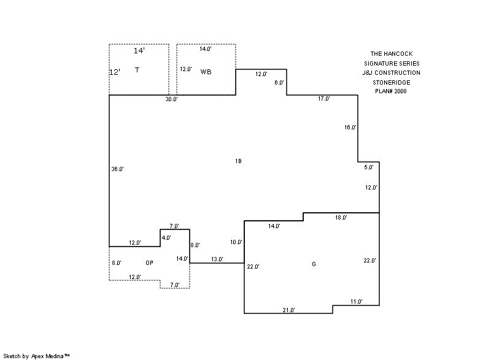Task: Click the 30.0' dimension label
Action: tap(171, 99)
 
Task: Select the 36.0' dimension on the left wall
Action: tap(117, 169)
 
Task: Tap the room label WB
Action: tap(206, 72)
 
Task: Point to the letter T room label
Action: tap(137, 71)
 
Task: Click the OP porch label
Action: tap(149, 263)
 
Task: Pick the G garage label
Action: tap(314, 264)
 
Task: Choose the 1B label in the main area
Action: tap(238, 161)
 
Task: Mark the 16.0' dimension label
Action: tap(350, 128)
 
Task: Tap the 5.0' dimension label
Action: tap(368, 167)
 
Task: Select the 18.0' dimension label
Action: tap(341, 218)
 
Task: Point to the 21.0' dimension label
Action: tap(288, 310)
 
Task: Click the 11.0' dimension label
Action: tap(356, 302)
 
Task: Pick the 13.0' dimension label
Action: tap(217, 260)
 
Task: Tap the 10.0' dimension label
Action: tap(236, 242)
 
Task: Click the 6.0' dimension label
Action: tap(279, 83)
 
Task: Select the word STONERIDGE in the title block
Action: tap(390, 82)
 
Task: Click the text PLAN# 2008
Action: tap(390, 91)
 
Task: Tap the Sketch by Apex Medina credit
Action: tap(36, 355)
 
